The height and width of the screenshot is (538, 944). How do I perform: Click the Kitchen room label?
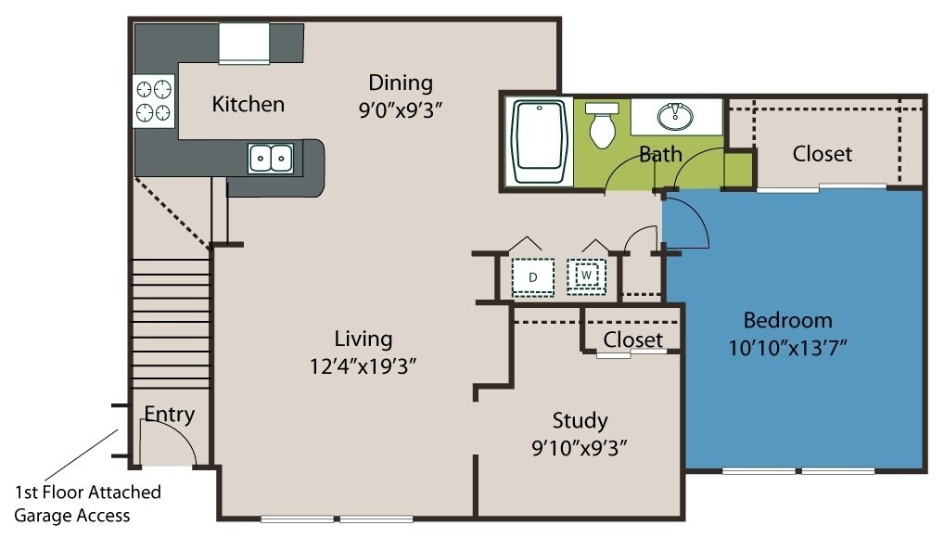(248, 103)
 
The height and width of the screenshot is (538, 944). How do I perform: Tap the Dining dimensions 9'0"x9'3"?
(401, 109)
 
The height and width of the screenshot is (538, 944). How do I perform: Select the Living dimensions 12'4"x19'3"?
(362, 366)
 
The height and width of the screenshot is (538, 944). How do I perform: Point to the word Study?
(580, 420)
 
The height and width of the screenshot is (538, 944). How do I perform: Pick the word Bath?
(660, 153)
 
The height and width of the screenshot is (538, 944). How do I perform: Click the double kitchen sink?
(271, 159)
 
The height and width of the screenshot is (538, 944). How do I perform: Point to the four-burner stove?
(155, 101)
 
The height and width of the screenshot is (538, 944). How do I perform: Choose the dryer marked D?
(534, 276)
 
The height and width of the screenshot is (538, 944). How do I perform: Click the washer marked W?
(586, 275)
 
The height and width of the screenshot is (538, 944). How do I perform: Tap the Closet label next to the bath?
(822, 153)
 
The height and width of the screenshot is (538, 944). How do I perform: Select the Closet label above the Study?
(632, 339)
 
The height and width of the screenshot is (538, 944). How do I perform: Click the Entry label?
(170, 414)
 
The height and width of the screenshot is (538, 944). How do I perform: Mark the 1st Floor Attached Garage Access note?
(87, 503)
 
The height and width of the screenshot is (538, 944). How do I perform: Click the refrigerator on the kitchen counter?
(244, 43)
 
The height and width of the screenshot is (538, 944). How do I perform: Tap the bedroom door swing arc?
(691, 223)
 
